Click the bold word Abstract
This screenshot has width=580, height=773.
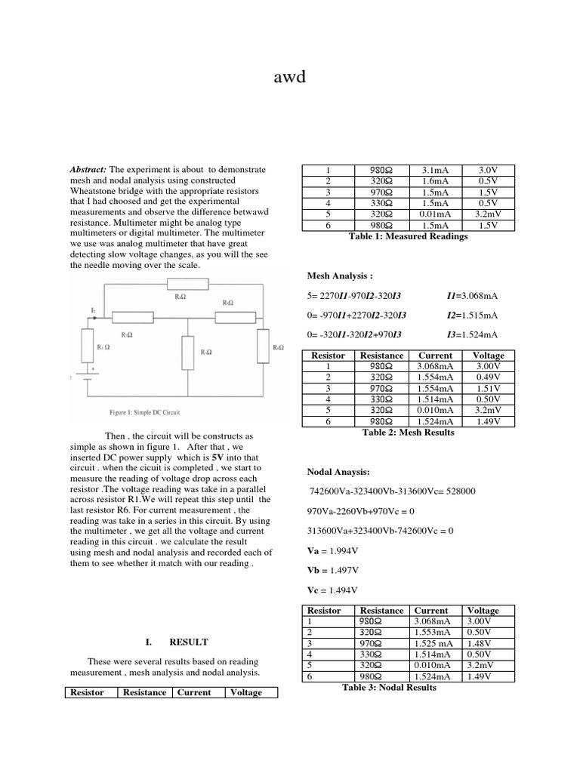pyautogui.click(x=88, y=170)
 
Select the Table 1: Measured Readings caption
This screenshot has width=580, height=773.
pyautogui.click(x=408, y=236)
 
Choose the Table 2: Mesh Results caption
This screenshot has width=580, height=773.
pyautogui.click(x=408, y=433)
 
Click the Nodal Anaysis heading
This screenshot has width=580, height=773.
pyautogui.click(x=338, y=472)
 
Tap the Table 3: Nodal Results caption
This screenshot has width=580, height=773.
pyautogui.click(x=389, y=688)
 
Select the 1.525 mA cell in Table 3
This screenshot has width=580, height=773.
pyautogui.click(x=434, y=643)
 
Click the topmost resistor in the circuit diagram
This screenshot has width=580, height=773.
pyautogui.click(x=183, y=284)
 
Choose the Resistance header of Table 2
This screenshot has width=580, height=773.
pyautogui.click(x=381, y=356)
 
